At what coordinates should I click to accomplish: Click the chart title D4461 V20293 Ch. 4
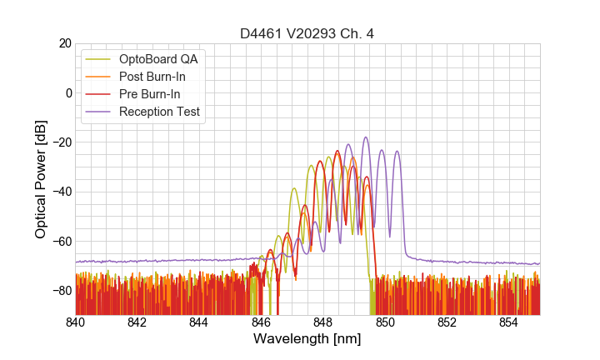pos(307,34)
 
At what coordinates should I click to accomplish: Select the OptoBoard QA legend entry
pos(158,59)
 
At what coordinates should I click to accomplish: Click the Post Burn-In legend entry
pos(152,77)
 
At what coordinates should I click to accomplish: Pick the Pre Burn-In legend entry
pos(149,94)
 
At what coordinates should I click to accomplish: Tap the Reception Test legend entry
pos(159,112)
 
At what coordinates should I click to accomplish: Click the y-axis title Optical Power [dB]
pos(41,178)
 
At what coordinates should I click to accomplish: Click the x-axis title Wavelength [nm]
pos(307,339)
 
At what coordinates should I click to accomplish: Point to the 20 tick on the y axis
pos(64,43)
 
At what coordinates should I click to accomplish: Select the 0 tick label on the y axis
pos(68,92)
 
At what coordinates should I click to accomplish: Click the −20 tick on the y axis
pos(61,142)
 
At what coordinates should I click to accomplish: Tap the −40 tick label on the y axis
pos(61,192)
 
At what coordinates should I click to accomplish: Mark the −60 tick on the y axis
pos(61,242)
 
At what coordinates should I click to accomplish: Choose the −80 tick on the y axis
pos(61,291)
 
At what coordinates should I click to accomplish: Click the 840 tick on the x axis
pos(76,322)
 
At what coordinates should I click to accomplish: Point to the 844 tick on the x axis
pos(199,322)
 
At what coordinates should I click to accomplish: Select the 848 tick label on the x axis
pos(323,322)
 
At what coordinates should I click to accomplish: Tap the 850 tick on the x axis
pos(385,322)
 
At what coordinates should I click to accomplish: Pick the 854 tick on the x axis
pos(509,322)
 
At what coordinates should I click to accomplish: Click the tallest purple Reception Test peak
pos(365,137)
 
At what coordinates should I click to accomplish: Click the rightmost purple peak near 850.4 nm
pos(397,152)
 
